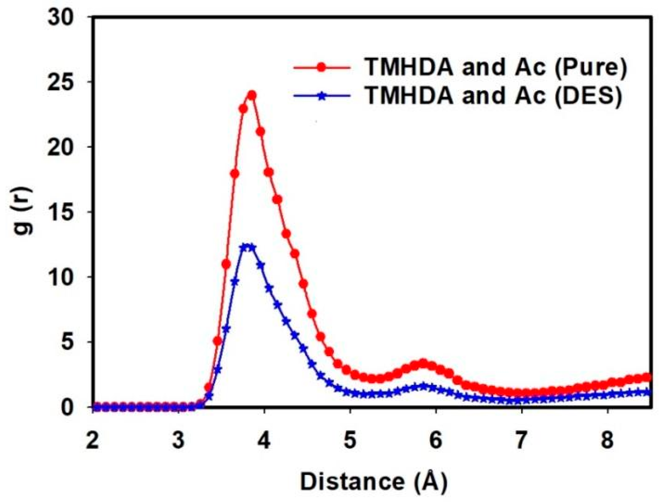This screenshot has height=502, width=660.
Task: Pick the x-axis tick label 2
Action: [x=92, y=440]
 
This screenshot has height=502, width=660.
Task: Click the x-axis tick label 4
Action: [x=264, y=440]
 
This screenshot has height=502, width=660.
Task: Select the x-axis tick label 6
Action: [x=436, y=440]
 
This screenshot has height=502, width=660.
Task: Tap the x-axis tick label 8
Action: [x=607, y=440]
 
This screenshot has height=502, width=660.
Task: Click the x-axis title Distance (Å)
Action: [x=374, y=482]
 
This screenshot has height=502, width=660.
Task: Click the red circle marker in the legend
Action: [x=321, y=67]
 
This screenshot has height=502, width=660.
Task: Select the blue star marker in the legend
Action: [x=321, y=96]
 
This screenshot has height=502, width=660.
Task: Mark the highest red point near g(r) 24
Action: [x=252, y=95]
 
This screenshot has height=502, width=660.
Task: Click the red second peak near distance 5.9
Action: [x=423, y=363]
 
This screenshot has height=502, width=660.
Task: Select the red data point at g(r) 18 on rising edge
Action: [x=235, y=174]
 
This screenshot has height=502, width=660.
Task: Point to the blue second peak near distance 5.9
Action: [x=423, y=386]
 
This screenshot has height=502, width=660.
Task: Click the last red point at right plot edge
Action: [x=648, y=377]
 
